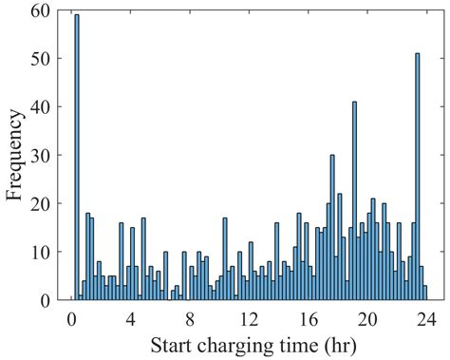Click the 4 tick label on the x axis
coord(130,317)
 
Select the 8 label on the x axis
coord(190,317)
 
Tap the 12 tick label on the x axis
coord(249,317)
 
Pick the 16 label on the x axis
coord(309,317)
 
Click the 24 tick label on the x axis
coord(427,317)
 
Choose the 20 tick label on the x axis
coord(367,317)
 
